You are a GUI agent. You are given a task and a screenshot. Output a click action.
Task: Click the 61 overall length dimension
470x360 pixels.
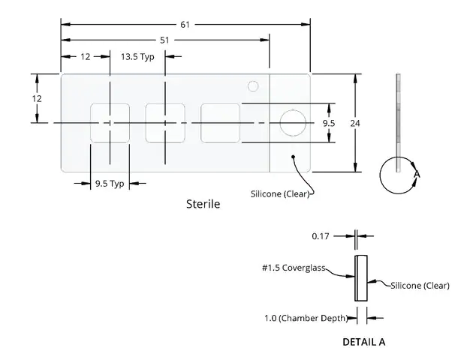185,25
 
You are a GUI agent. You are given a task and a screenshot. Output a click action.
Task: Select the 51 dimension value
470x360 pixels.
164,40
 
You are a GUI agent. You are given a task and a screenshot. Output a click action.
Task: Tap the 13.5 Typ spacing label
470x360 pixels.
137,56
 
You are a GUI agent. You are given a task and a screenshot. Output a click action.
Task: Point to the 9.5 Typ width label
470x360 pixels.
110,183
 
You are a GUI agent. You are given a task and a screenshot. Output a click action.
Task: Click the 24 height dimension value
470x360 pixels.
355,123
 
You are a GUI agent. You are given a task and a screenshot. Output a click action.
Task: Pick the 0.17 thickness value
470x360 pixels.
321,236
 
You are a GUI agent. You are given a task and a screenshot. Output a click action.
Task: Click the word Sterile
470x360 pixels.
203,204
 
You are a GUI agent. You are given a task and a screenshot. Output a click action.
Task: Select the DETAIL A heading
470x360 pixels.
364,342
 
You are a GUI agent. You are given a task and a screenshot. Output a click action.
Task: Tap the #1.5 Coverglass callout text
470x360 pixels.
294,268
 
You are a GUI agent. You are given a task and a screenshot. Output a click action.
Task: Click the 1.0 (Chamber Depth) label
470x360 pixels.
306,318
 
